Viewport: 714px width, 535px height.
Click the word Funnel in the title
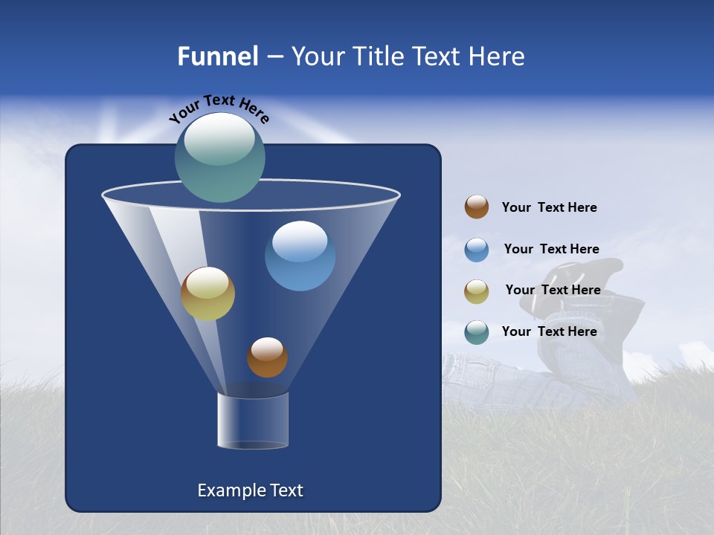click(x=217, y=56)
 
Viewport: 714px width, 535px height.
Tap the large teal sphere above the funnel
click(x=219, y=158)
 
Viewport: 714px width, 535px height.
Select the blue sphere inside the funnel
click(x=300, y=256)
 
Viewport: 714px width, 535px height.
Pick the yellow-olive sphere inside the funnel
click(x=208, y=294)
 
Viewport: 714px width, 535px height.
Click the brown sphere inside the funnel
click(x=267, y=357)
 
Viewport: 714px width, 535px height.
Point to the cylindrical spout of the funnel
click(x=253, y=421)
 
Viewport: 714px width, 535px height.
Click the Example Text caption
click(x=250, y=490)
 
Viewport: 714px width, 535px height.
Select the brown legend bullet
click(x=477, y=207)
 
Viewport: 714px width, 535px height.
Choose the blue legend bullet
click(x=477, y=249)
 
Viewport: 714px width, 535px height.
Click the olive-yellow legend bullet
click(x=477, y=291)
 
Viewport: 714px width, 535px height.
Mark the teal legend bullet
click(x=477, y=332)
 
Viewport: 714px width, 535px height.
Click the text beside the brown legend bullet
click(x=549, y=208)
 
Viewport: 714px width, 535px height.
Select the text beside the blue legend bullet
click(x=551, y=249)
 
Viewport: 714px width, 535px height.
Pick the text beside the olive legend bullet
click(x=553, y=290)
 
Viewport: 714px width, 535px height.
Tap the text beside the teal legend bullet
click(x=549, y=331)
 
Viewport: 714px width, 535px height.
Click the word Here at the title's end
click(x=498, y=56)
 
